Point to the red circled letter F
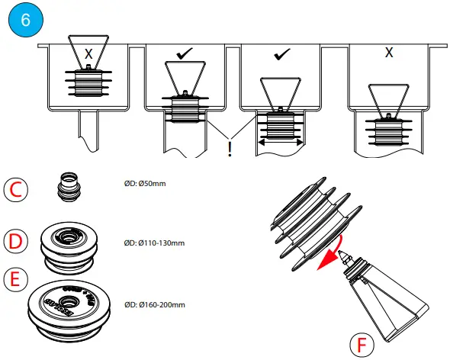(x=362, y=343)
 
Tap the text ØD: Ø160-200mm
(x=155, y=305)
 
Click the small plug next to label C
(x=70, y=188)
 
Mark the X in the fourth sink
(x=389, y=53)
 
